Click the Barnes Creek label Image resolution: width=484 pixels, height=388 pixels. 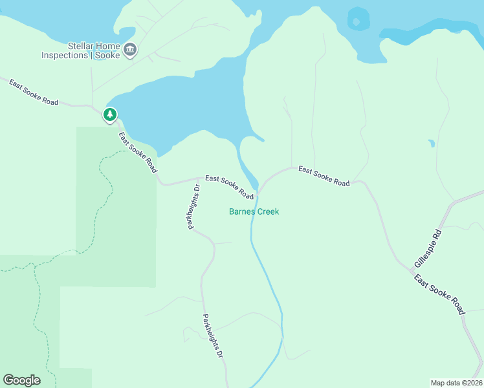pyautogui.click(x=254, y=211)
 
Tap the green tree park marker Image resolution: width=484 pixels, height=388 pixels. pyautogui.click(x=110, y=115)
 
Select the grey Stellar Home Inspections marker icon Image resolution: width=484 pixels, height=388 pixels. pyautogui.click(x=130, y=50)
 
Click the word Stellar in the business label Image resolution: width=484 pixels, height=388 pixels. pyautogui.click(x=82, y=46)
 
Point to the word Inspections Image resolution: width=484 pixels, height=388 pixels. pyautogui.click(x=64, y=56)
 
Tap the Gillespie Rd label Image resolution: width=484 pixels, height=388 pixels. pyautogui.click(x=428, y=249)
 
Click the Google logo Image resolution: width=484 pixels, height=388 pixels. pyautogui.click(x=21, y=380)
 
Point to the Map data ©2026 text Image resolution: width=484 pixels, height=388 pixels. pyautogui.click(x=456, y=382)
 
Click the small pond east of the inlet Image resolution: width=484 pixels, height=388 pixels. pyautogui.click(x=431, y=143)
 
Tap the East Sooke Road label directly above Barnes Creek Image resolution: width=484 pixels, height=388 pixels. pyautogui.click(x=230, y=186)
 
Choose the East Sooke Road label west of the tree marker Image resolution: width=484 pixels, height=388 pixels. pyautogui.click(x=34, y=92)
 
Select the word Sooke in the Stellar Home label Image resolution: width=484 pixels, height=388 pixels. pyautogui.click(x=108, y=56)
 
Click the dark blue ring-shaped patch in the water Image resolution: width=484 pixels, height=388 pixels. pyautogui.click(x=356, y=19)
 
